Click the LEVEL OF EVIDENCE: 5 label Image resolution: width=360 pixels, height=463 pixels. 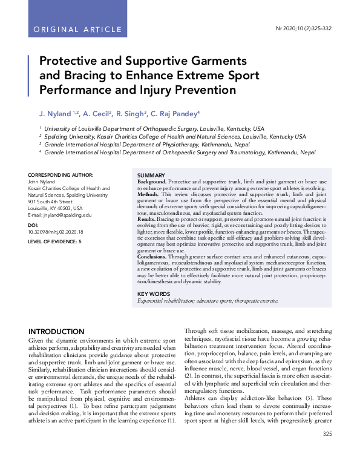[x=55, y=241]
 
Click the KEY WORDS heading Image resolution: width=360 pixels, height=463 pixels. [x=154, y=294]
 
